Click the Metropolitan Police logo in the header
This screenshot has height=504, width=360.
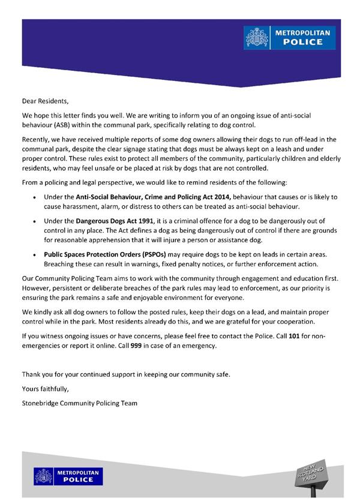click(290, 37)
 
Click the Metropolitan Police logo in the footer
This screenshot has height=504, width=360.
click(68, 476)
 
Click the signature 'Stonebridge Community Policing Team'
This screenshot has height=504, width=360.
click(80, 403)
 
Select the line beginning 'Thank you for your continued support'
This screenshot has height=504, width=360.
click(126, 374)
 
